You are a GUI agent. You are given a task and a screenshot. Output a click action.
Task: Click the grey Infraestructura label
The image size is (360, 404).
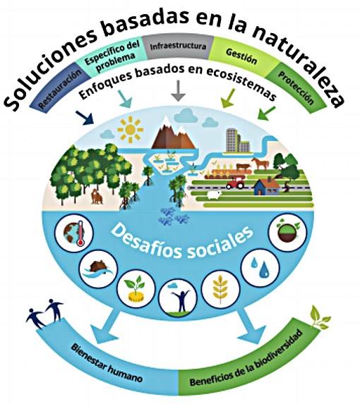tap(178, 47)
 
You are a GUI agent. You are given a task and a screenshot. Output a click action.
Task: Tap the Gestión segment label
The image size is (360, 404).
tap(241, 56)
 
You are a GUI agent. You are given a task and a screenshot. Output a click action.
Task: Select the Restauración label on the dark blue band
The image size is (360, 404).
tap(60, 88)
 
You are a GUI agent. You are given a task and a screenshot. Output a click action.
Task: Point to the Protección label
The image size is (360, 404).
tap(296, 87)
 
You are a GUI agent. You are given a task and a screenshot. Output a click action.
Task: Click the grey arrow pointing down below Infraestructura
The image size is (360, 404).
tap(178, 90)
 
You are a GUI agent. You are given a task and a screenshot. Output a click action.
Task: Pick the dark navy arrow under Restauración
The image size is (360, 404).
tap(85, 118)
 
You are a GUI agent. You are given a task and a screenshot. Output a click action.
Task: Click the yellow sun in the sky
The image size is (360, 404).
tap(130, 130)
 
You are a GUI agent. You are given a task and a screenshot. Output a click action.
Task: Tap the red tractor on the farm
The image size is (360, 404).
tap(235, 183)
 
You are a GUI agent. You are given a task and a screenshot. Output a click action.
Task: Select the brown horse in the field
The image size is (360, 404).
tap(260, 164)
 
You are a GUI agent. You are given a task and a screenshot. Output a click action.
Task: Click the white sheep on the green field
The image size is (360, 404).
tap(215, 195)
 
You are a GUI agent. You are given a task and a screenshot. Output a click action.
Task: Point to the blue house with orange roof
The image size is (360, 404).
tap(266, 187)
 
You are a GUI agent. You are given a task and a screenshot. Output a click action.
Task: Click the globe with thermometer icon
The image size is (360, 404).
tap(74, 233)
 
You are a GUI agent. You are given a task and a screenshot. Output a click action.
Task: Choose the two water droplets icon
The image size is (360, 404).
tap(260, 268)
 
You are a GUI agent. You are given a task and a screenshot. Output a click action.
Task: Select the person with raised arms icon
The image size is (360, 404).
tap(178, 297)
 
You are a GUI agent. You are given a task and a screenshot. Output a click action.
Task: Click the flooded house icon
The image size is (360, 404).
tap(98, 269)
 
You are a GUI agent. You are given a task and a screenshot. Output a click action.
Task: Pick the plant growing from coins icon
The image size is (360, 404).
tap(136, 288)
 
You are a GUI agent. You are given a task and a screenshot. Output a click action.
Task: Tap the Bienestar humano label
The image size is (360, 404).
tap(107, 363)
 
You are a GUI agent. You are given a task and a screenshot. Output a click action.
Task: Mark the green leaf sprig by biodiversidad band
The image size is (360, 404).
tap(319, 317)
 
